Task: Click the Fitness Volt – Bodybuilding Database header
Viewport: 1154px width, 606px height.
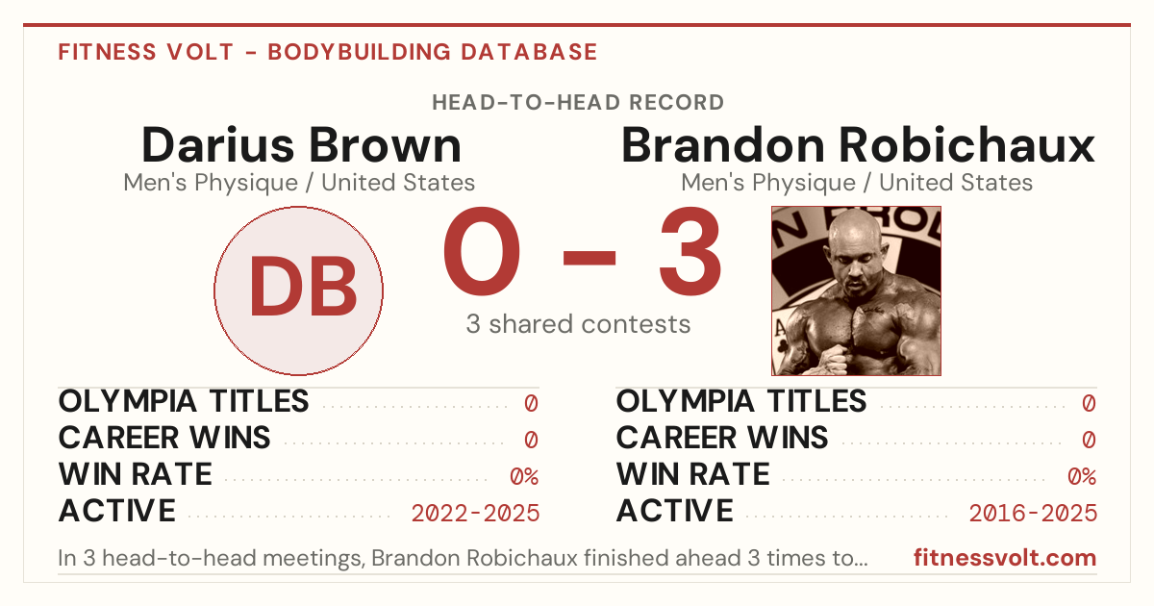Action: (x=328, y=52)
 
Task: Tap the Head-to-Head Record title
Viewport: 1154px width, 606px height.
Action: (x=578, y=103)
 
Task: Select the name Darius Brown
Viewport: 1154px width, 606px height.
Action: (x=301, y=145)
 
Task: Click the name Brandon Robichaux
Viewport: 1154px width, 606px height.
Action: (x=858, y=145)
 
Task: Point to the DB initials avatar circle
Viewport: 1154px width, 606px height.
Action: (x=299, y=290)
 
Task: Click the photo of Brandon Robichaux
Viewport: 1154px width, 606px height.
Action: (x=856, y=290)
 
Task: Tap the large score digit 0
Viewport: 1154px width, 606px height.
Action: (x=482, y=251)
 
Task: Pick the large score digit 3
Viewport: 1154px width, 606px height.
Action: (x=690, y=251)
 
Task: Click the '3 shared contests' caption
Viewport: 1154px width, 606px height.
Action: (x=578, y=324)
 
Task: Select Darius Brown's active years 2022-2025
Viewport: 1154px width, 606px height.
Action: (x=475, y=514)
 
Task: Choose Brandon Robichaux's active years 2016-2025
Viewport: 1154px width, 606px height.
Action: (x=1033, y=514)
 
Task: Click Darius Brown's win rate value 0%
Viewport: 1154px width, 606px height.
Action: (x=524, y=477)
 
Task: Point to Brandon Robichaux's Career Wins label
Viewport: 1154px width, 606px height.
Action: (x=722, y=438)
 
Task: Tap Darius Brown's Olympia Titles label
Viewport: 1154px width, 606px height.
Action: (x=184, y=401)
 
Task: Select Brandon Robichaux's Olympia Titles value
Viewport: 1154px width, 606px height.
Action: (x=1089, y=403)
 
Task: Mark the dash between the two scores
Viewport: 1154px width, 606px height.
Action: (x=590, y=258)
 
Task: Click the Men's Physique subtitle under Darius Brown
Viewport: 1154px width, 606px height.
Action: (x=299, y=183)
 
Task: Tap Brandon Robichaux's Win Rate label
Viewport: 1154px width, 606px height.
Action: (x=693, y=474)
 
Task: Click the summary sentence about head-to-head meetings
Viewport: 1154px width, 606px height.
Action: (x=463, y=558)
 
